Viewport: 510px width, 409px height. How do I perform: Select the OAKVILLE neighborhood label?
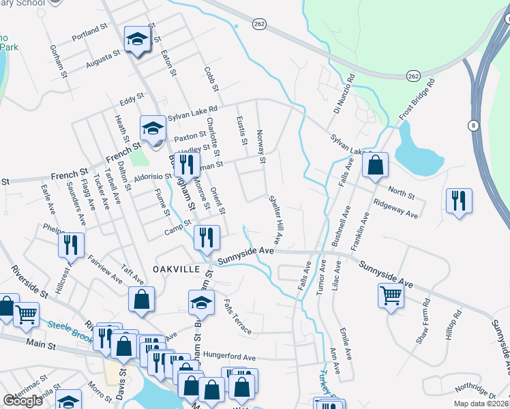[176, 269]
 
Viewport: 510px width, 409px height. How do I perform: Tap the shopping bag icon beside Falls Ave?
[374, 166]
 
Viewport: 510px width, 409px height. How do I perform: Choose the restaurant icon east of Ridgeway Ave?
[458, 200]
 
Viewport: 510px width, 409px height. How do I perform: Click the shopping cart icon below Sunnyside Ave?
[391, 296]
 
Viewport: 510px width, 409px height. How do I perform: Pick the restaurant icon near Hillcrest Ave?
[71, 245]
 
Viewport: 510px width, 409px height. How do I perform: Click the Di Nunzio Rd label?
[344, 95]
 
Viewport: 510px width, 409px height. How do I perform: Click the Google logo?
[23, 400]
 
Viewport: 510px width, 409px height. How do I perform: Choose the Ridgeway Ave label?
[396, 209]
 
